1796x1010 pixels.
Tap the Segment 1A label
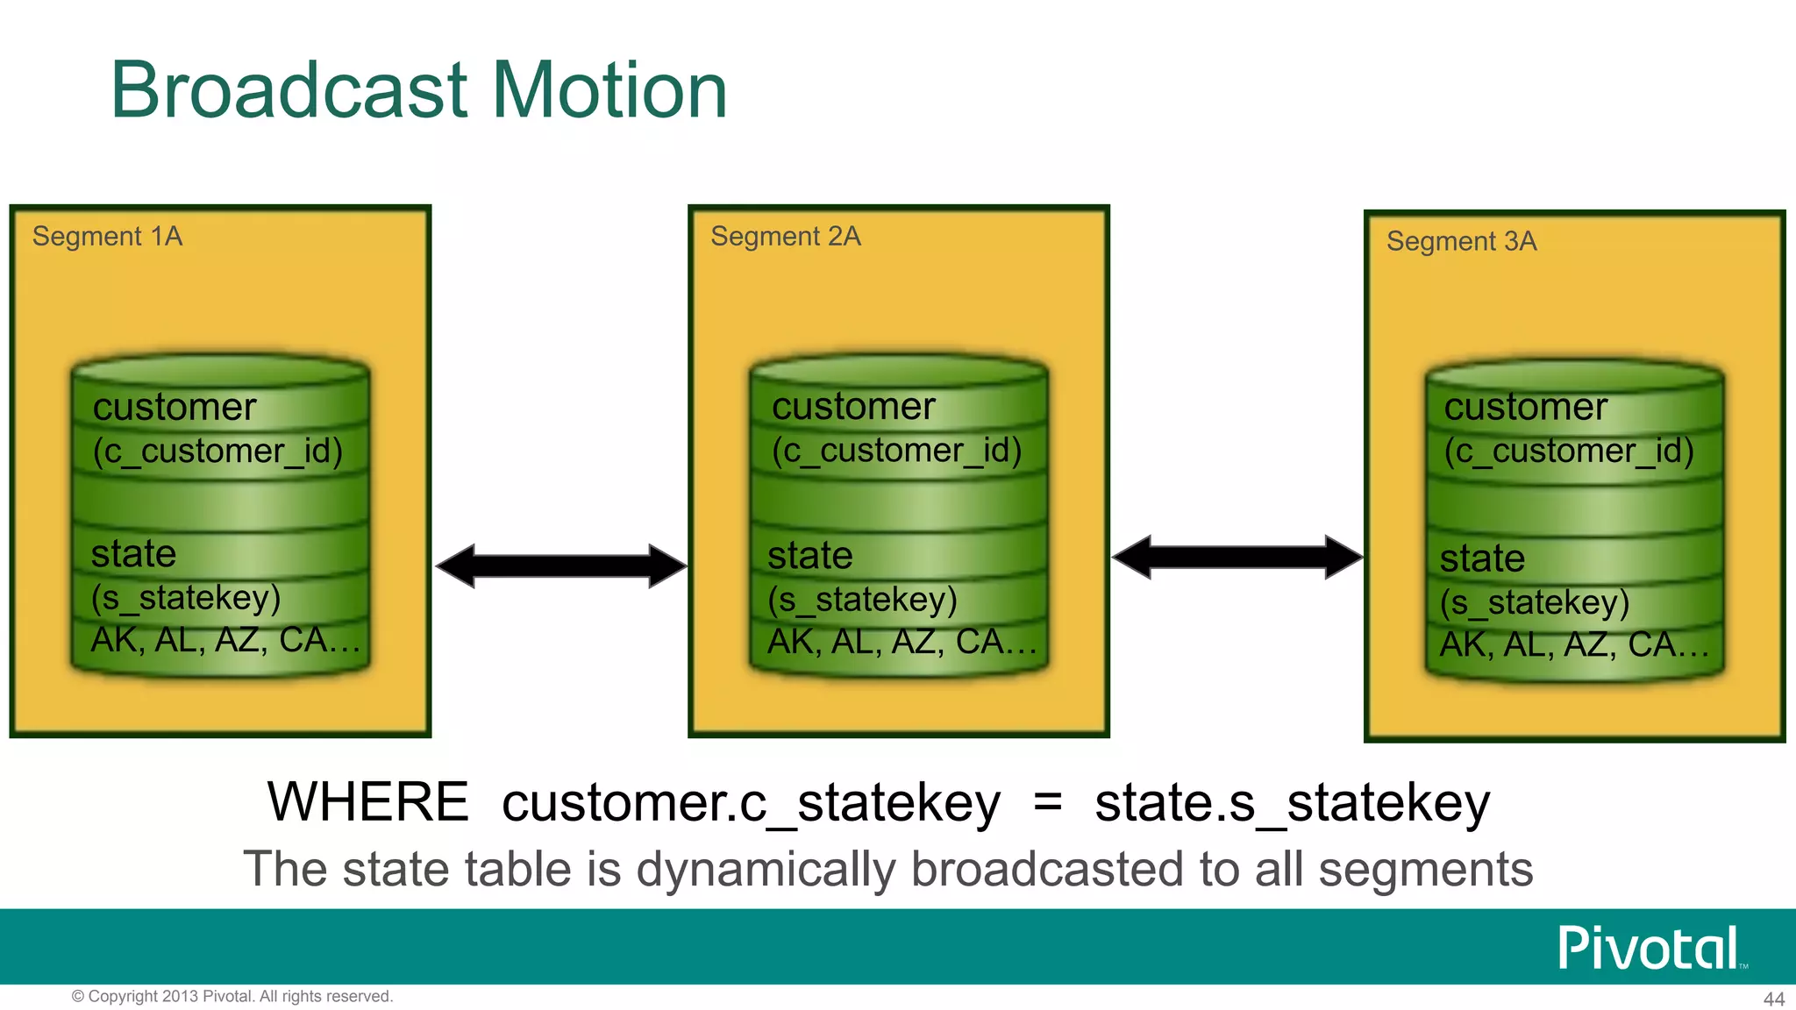[x=107, y=237]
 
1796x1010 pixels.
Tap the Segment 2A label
[x=786, y=237]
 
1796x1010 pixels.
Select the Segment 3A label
[x=1461, y=241]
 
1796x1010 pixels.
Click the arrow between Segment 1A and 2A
[x=560, y=565]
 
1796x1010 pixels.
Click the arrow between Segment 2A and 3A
[x=1237, y=557]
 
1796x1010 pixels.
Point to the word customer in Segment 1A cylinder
[x=175, y=407]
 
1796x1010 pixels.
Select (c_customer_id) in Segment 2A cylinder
[x=896, y=451]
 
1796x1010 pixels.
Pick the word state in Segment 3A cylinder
[x=1482, y=558]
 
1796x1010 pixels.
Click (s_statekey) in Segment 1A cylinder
[x=186, y=598]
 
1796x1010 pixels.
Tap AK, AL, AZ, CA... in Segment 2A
[x=902, y=643]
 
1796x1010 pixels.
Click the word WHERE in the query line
[x=368, y=801]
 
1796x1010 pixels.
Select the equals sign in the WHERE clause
[x=1048, y=801]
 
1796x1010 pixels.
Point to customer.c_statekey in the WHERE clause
[x=751, y=803]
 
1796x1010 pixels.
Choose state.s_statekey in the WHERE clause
[x=1292, y=803]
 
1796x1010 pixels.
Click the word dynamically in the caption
[x=765, y=870]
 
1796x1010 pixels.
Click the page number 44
[x=1773, y=999]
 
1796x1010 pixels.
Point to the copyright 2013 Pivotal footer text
[x=232, y=996]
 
